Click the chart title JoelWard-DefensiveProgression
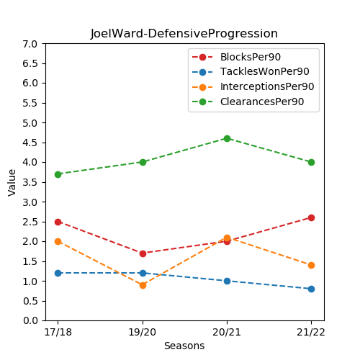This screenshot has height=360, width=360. click(x=184, y=34)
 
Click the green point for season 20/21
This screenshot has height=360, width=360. click(x=227, y=138)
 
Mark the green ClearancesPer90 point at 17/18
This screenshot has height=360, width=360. click(x=58, y=174)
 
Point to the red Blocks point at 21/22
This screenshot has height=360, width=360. click(x=311, y=217)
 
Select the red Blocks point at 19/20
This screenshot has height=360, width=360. click(x=143, y=253)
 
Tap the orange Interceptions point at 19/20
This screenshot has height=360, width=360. click(x=143, y=285)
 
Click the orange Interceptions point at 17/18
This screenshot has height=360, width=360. click(x=58, y=241)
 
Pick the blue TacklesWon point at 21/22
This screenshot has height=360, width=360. click(x=311, y=289)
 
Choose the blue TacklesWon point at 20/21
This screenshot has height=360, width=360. click(x=227, y=281)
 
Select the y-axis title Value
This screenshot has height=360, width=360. click(x=12, y=182)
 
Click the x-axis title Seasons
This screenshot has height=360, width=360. click(x=184, y=346)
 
